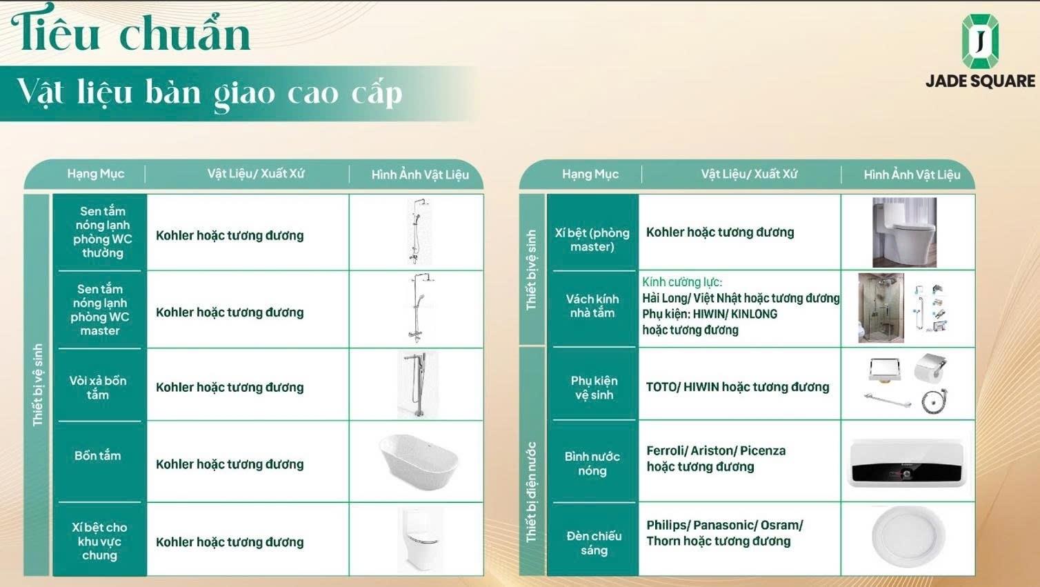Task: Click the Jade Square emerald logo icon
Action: [979, 42]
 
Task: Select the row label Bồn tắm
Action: [97, 455]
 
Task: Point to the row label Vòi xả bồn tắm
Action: [97, 387]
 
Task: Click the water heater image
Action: [907, 463]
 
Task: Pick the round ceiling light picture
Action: [908, 537]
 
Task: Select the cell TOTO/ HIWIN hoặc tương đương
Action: [737, 387]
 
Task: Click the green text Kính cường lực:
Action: [682, 282]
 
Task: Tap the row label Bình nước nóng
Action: [592, 464]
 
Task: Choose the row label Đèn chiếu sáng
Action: [594, 543]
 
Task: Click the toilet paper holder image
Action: [930, 368]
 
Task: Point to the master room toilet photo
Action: [904, 232]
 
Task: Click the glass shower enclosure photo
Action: [881, 308]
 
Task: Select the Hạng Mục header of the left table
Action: [96, 174]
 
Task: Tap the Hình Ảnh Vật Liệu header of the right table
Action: [912, 175]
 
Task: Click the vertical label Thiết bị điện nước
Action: [531, 492]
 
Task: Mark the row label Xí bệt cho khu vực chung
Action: [99, 541]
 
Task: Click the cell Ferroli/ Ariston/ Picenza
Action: [716, 450]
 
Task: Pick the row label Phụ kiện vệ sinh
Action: [594, 387]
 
